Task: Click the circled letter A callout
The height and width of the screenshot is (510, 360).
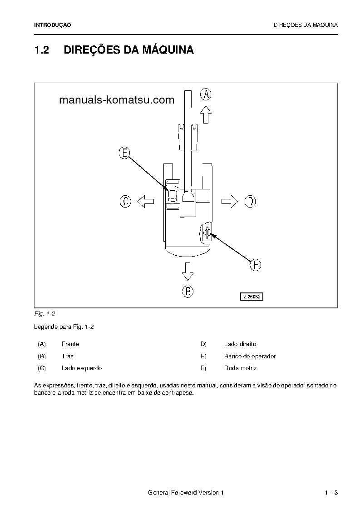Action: coord(206,94)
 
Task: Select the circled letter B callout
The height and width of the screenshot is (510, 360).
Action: coord(188,291)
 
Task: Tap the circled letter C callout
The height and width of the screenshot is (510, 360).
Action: coord(125,201)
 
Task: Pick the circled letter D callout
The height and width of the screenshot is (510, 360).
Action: coord(251,201)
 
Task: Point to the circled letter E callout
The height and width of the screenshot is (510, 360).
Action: coord(124,153)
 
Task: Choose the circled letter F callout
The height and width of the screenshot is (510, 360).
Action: coord(256,265)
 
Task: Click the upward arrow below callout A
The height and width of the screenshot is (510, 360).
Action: coord(206,114)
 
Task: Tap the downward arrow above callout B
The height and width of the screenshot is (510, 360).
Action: coord(187,271)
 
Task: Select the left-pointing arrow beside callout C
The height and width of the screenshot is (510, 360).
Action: coord(146,201)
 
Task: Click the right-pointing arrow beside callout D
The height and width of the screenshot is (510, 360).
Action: coord(230,201)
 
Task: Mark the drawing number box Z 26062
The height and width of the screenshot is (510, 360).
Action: coord(252,297)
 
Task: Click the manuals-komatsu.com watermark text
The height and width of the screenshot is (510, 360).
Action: coord(117,100)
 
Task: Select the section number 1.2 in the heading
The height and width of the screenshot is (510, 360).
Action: coord(41,50)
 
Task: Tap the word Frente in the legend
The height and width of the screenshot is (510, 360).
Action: coord(70,344)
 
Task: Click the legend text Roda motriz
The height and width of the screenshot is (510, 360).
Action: coord(240,368)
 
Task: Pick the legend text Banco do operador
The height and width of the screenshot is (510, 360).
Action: coord(250,356)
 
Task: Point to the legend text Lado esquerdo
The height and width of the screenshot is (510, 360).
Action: coord(82,368)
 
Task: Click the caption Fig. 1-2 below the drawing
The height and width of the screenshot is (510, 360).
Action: coord(44,314)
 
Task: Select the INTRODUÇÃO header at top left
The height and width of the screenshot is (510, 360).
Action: coord(53,25)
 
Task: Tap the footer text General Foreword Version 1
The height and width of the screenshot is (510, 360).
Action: coord(186,493)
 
